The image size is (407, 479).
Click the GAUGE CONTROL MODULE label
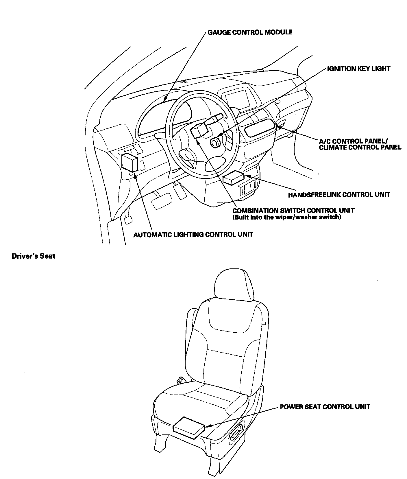coord(250,32)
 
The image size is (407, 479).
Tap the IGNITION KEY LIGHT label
coord(358,69)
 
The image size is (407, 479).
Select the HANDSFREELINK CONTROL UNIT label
coord(339,195)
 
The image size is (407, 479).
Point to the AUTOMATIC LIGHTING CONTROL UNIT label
coord(193,234)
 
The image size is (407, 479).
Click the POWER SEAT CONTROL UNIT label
coord(325,407)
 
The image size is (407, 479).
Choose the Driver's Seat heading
coord(34,256)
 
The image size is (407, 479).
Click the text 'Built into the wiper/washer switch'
coord(287,217)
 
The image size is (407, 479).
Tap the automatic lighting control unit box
coord(129,162)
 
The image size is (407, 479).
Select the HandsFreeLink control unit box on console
coord(234,177)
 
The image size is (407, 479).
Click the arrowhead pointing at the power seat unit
coord(207,425)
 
